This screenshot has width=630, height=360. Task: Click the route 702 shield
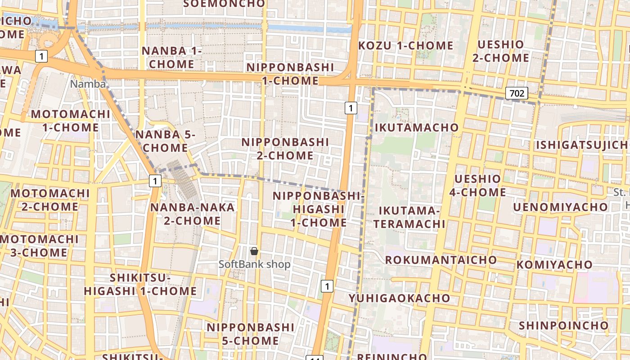[517, 93]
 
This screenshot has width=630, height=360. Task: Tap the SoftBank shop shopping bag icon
[254, 251]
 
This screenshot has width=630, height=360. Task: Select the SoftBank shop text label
[254, 264]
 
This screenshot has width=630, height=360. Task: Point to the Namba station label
[88, 84]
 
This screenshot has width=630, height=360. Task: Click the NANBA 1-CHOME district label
[172, 57]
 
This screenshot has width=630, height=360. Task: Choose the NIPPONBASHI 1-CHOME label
[290, 74]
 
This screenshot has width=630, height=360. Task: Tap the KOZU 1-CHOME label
[405, 45]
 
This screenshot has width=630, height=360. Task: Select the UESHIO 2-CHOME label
[501, 51]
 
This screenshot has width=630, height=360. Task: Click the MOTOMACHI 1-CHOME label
[70, 121]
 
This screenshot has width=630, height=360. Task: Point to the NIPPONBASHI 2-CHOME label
[285, 148]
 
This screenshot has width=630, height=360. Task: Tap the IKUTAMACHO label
[416, 127]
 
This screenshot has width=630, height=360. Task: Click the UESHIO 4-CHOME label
[477, 185]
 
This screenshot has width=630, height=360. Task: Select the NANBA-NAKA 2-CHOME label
[192, 214]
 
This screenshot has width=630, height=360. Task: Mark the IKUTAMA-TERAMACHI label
[409, 217]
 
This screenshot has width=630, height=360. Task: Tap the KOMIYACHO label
[554, 264]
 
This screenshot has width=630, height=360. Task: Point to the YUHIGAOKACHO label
[399, 298]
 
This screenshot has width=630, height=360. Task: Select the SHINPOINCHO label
[563, 325]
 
